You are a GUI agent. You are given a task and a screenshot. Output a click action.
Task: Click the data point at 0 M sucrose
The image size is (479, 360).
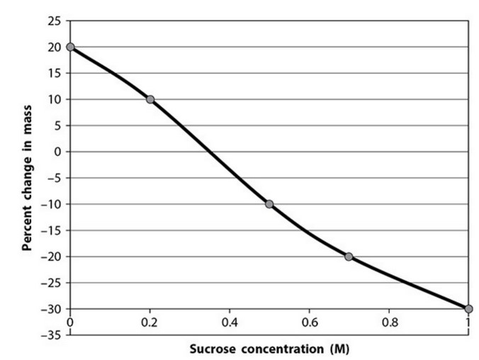point(70,47)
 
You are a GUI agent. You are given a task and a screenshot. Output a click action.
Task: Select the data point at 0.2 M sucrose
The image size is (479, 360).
point(150,99)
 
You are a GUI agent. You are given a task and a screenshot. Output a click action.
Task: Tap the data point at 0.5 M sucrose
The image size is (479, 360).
point(269,204)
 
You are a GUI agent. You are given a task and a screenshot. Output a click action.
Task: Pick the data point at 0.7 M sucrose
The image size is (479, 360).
point(349,257)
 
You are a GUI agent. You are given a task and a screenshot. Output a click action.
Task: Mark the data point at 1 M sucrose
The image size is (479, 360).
point(468,308)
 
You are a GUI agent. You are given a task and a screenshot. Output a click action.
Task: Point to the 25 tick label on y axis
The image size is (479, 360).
point(55,21)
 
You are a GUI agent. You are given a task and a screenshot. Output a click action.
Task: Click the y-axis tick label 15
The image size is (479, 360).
point(55,73)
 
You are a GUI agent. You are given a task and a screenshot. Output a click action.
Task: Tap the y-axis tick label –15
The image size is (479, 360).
point(52,230)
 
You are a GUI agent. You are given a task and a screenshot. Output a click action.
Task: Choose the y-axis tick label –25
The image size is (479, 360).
point(52,283)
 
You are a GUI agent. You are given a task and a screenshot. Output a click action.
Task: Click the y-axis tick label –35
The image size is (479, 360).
point(52,334)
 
